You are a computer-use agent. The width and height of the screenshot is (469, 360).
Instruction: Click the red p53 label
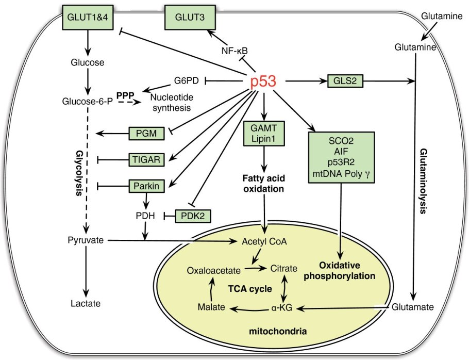click(x=263, y=82)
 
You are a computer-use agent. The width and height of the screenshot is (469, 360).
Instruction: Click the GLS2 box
click(x=342, y=80)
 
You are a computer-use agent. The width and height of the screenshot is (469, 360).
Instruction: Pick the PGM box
click(x=146, y=134)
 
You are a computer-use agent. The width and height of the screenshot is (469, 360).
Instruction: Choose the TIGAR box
click(x=146, y=160)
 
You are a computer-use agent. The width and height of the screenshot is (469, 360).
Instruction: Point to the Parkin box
click(x=146, y=185)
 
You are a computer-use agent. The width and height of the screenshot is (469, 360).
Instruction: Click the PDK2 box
click(x=194, y=216)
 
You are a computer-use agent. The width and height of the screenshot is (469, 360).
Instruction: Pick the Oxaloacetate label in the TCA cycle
click(x=213, y=269)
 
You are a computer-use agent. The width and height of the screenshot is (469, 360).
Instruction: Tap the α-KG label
click(x=282, y=308)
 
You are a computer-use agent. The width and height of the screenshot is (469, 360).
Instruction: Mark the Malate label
click(x=211, y=307)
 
